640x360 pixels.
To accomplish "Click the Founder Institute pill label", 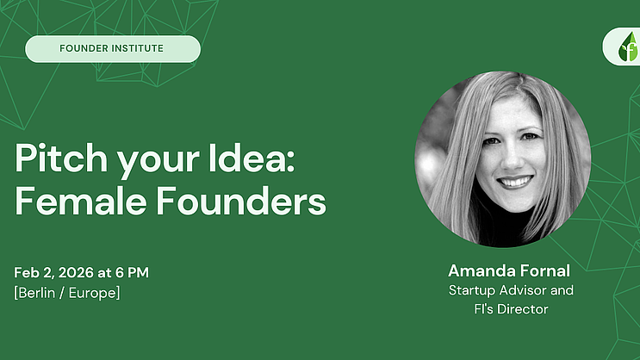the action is point(113,49).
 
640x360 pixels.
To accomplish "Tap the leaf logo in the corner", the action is point(628,47).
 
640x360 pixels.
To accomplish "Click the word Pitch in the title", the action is point(61,158).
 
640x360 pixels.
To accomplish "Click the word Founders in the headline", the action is point(241,201).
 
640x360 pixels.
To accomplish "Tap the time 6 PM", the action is point(133,273).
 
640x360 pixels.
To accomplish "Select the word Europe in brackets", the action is point(94,293).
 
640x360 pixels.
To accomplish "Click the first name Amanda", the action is point(477,270).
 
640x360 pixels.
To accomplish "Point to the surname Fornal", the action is point(540,270).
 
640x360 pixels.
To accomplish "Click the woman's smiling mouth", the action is point(515,182).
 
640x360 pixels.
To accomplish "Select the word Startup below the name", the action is point(472,290).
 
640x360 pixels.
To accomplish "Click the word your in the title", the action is point(158,160).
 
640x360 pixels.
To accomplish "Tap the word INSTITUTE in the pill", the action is point(137,48).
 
